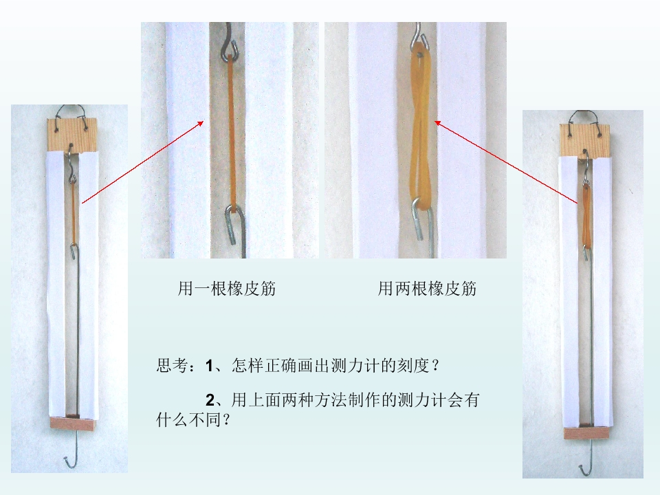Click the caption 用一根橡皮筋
[x=226, y=289]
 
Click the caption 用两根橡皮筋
[x=427, y=289]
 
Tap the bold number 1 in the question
[x=209, y=365]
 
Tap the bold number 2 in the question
[x=210, y=400]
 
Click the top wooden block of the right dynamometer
[x=585, y=141]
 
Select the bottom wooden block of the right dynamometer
[x=586, y=433]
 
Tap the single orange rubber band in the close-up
[x=231, y=131]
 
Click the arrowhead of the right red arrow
[x=437, y=123]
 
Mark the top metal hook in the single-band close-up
[x=230, y=42]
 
